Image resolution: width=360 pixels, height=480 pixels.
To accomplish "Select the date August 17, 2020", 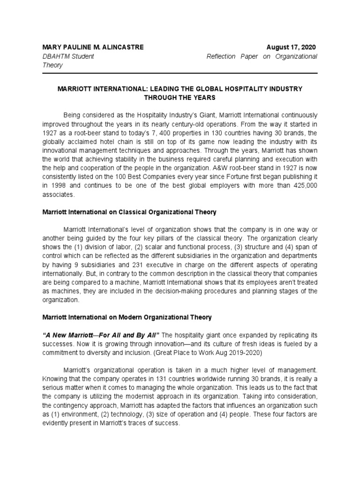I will [292, 47].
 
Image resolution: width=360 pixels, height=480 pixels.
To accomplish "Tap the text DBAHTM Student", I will [68, 56].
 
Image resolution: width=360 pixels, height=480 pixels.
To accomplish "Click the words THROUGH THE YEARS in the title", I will [180, 97].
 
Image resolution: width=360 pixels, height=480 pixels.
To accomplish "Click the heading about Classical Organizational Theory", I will [129, 212].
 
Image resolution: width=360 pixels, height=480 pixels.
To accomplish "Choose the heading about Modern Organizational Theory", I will [127, 317].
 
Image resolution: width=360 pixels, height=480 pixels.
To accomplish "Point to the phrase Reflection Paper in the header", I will [233, 56].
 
